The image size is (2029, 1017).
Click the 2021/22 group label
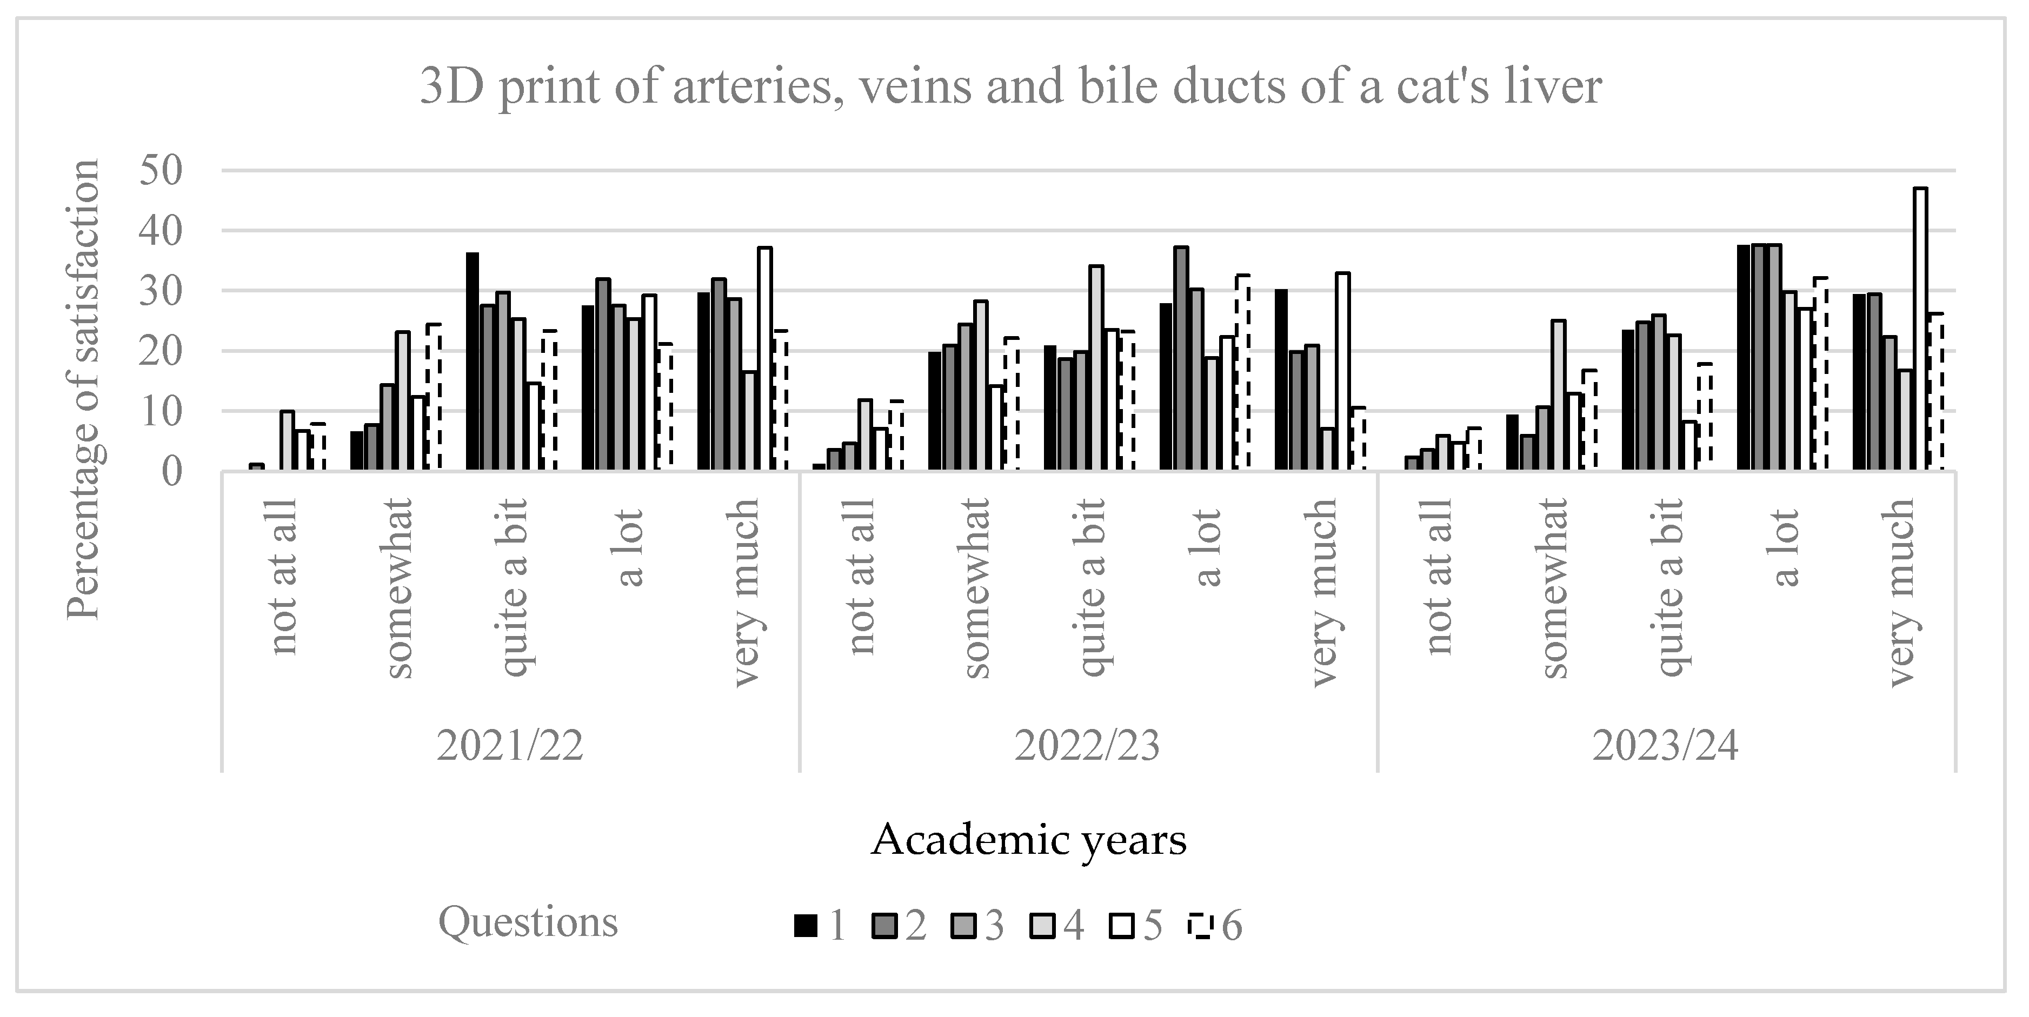(510, 745)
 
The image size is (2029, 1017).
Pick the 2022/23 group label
(1087, 745)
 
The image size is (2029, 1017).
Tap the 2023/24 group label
(1665, 745)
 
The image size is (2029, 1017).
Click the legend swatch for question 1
(804, 926)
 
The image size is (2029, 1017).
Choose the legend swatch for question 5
(1121, 926)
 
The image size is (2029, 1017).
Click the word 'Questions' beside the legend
(528, 922)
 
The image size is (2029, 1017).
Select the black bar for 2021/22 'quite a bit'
(473, 362)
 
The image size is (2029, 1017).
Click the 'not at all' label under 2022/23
(862, 576)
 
